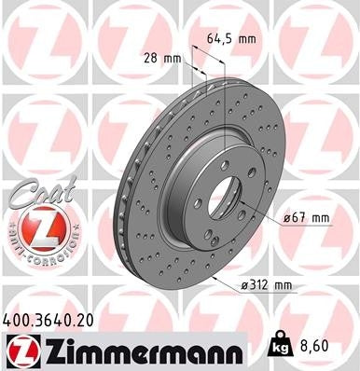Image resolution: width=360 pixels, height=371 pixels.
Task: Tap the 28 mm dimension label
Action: click(161, 59)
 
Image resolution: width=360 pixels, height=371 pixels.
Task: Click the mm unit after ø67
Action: click(319, 218)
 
